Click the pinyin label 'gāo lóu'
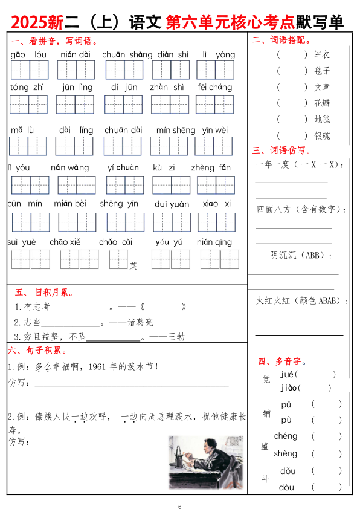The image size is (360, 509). [x=28, y=55]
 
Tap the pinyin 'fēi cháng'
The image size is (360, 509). [x=214, y=87]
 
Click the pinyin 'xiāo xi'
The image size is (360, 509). [x=216, y=204]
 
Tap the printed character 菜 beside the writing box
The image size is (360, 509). [x=133, y=265]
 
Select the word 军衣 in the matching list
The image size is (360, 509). [x=322, y=54]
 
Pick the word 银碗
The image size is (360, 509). [x=322, y=135]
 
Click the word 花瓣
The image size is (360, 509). [x=322, y=103]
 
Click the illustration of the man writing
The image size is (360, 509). [x=205, y=462]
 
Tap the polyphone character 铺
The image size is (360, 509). [x=266, y=413]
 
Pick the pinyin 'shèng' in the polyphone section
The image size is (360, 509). [x=286, y=453]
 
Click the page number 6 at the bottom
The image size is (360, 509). [x=179, y=506]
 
